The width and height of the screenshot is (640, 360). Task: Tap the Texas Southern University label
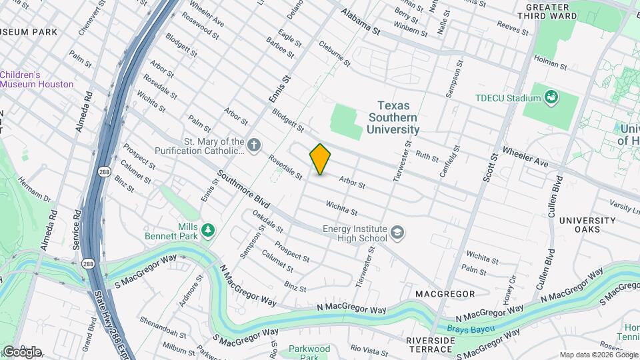point(398,117)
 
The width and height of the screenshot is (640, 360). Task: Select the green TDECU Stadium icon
point(551,98)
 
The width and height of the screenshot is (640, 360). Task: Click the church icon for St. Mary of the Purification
point(253,145)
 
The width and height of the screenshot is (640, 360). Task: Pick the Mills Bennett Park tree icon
point(209,230)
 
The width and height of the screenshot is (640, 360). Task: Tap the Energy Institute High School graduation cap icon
point(397,232)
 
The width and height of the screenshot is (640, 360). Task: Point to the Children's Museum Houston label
point(37,79)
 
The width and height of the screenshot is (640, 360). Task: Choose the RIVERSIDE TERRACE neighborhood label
point(430,344)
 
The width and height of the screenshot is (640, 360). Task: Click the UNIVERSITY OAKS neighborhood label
point(587,225)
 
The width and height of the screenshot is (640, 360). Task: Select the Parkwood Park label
point(310,352)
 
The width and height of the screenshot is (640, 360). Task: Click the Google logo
point(21,351)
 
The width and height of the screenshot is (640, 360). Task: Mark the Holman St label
point(552,66)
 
